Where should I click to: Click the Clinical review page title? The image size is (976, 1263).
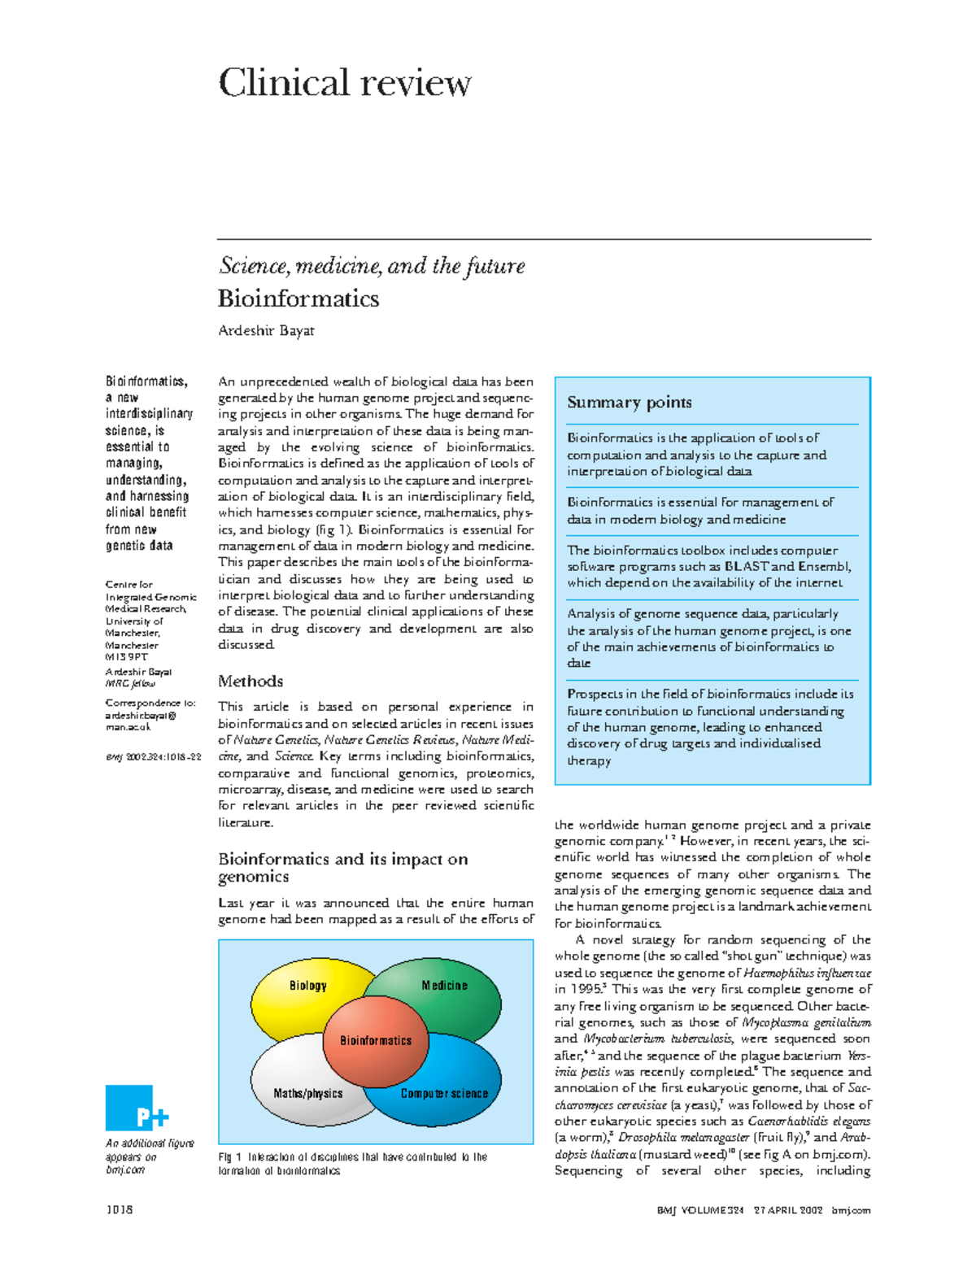[345, 83]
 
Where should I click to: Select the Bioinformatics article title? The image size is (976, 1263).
[298, 298]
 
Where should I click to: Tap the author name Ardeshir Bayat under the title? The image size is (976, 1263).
[266, 330]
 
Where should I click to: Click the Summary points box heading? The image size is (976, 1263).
[630, 402]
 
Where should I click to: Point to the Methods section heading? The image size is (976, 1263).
[251, 681]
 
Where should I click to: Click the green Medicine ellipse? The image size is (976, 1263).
[451, 985]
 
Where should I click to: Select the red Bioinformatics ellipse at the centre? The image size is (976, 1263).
[376, 1041]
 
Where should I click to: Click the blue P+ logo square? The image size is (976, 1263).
[130, 1108]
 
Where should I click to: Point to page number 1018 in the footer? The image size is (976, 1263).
[119, 1209]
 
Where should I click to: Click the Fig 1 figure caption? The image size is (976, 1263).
[352, 1163]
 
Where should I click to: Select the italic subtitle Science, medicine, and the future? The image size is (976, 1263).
[372, 266]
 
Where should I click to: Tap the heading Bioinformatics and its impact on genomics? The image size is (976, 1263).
[342, 867]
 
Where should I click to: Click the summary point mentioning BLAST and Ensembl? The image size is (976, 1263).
[709, 566]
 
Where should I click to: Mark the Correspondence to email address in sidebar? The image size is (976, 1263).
[140, 721]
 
